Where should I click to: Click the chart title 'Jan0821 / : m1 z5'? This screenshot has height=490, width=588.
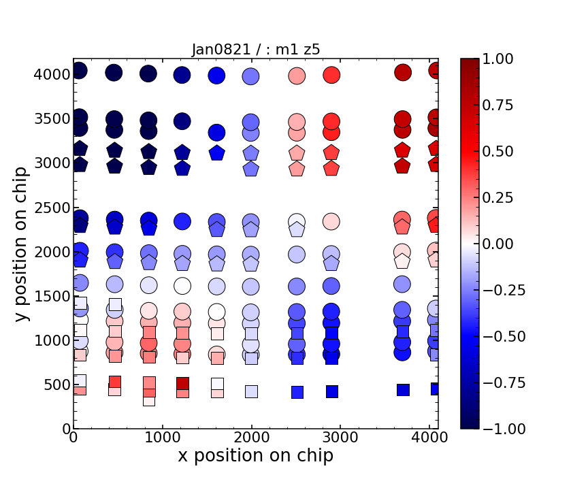(x=256, y=48)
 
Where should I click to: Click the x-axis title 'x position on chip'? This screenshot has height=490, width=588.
(x=256, y=455)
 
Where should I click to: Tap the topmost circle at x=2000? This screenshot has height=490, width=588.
(x=251, y=76)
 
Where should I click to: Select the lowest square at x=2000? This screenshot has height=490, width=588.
(x=251, y=391)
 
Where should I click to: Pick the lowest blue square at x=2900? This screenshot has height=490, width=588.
(x=332, y=391)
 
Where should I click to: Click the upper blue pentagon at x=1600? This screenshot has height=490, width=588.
(x=216, y=153)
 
